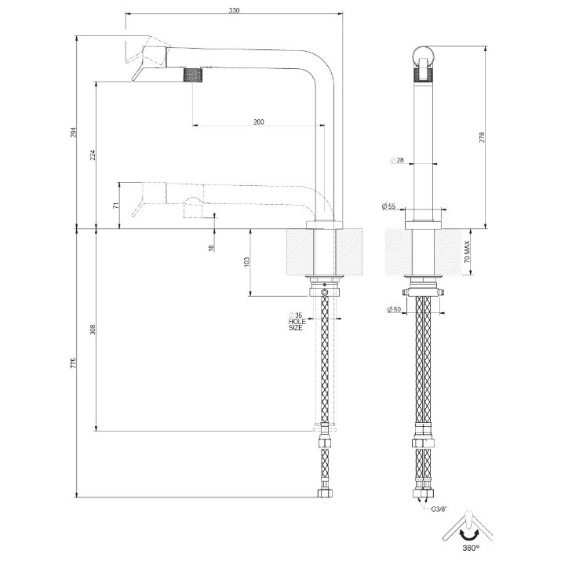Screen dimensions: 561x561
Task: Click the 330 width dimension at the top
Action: click(234, 10)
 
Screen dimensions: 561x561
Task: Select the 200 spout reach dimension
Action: click(259, 122)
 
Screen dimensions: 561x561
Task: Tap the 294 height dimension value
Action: click(73, 133)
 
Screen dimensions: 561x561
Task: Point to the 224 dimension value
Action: click(93, 155)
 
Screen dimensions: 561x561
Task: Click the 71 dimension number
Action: click(115, 206)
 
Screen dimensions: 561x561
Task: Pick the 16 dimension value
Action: click(211, 247)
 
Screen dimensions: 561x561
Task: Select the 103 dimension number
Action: click(246, 262)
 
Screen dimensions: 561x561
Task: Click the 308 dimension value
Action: click(93, 330)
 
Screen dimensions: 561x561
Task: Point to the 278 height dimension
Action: click(482, 138)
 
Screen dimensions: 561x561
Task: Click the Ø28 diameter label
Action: click(397, 160)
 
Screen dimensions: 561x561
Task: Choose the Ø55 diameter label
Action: click(388, 206)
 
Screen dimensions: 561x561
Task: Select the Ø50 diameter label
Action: click(394, 309)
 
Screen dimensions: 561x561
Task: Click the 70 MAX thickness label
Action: click(467, 252)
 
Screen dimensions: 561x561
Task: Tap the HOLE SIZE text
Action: click(297, 325)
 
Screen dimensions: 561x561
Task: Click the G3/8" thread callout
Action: click(439, 508)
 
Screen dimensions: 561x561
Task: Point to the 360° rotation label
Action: click(471, 548)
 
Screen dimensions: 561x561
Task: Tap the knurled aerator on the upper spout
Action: click(193, 75)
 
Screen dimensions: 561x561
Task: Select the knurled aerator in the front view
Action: click(423, 75)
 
